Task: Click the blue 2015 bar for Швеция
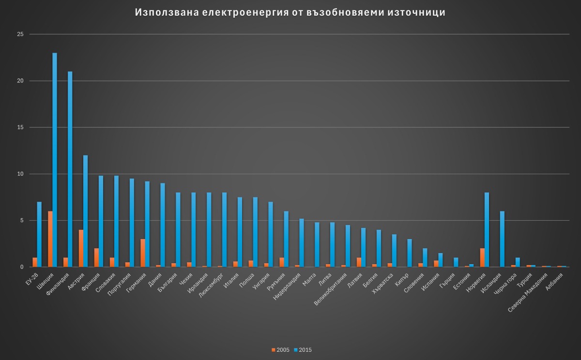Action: (x=55, y=160)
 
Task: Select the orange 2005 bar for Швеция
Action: (x=50, y=239)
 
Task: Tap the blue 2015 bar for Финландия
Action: (x=70, y=169)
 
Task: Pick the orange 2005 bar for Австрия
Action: (x=81, y=248)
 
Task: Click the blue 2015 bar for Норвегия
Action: (x=487, y=230)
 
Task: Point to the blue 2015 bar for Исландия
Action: (x=502, y=239)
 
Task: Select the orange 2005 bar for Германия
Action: (x=143, y=253)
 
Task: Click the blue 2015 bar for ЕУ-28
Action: (x=39, y=234)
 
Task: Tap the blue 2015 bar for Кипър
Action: (x=410, y=253)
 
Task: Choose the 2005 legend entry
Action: (x=281, y=350)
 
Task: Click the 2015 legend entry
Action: (x=303, y=350)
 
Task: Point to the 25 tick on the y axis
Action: (x=20, y=34)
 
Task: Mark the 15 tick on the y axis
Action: (x=20, y=127)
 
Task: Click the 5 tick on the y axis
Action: (x=21, y=221)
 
